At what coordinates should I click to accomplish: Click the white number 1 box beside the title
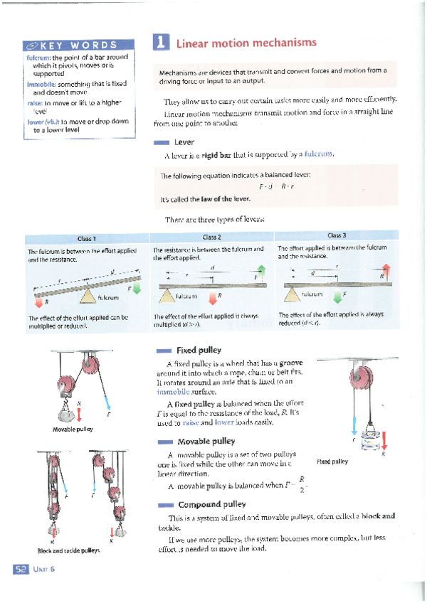click(x=161, y=43)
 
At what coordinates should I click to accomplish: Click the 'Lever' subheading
click(x=184, y=142)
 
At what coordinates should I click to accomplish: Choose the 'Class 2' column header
click(x=211, y=237)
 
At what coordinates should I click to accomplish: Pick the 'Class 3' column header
click(x=337, y=235)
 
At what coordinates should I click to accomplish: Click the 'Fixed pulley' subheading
click(x=199, y=350)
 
